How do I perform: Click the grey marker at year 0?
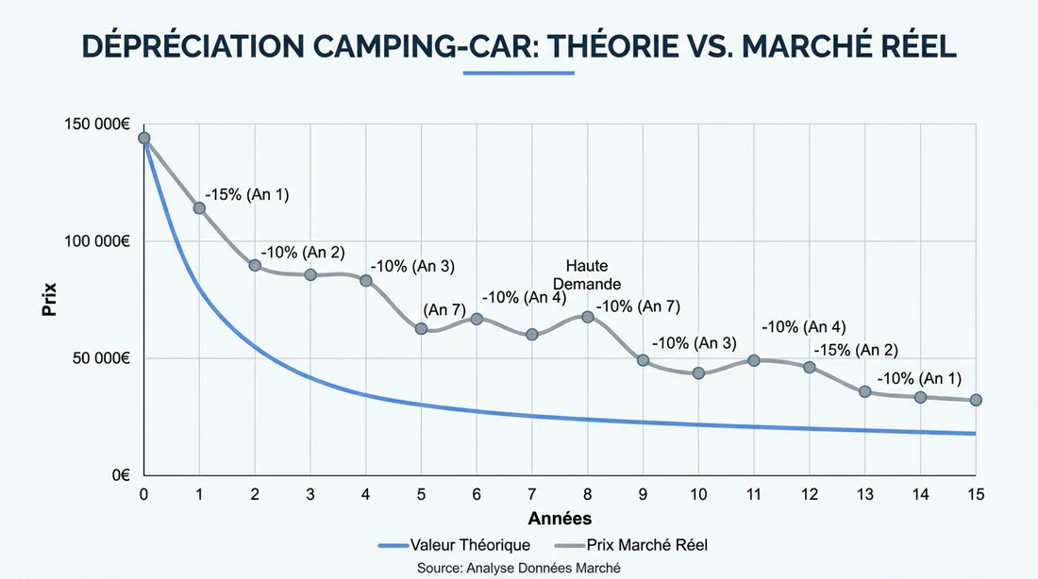point(143,139)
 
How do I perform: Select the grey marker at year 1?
point(199,207)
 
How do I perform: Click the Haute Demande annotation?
point(587,274)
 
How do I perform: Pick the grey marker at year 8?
point(588,317)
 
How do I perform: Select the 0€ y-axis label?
point(120,476)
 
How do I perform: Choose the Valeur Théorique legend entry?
point(454,545)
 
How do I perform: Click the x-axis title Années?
point(560,519)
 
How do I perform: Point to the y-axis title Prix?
point(48,300)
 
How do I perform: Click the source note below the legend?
point(519,567)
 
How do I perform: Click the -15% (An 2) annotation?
point(856,349)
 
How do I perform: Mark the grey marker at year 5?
point(421,329)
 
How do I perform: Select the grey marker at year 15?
point(976,401)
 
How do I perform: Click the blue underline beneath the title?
point(518,75)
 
